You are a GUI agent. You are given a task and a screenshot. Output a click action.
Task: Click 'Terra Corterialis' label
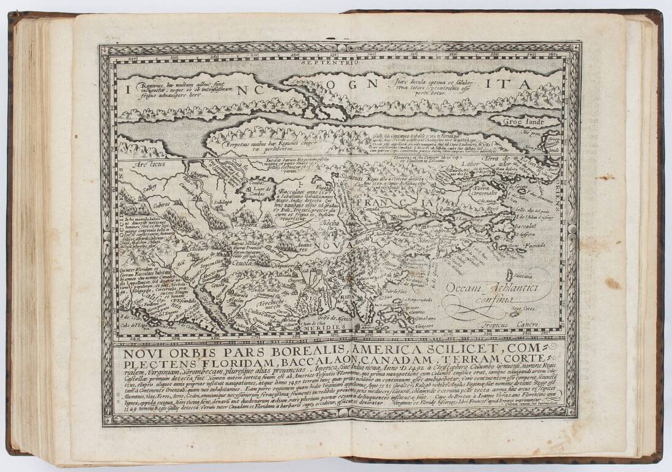coord(492,191)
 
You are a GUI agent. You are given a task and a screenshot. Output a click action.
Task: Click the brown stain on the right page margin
coord(612,283)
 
